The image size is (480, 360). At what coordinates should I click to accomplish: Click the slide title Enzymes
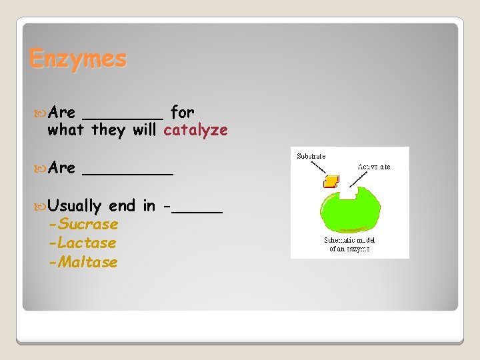pyautogui.click(x=77, y=59)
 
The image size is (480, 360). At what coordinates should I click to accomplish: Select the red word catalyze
pyautogui.click(x=195, y=130)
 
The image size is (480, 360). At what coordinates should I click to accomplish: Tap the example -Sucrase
pyautogui.click(x=83, y=225)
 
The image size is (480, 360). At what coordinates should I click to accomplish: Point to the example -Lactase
pyautogui.click(x=83, y=243)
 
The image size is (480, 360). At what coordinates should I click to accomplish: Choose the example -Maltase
pyautogui.click(x=83, y=262)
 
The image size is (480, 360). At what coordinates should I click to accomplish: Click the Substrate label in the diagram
pyautogui.click(x=311, y=156)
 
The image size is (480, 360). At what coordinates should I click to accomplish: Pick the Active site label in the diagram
pyautogui.click(x=374, y=166)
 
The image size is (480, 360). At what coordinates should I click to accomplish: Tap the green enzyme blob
pyautogui.click(x=349, y=217)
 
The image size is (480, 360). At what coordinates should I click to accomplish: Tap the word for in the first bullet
pyautogui.click(x=182, y=111)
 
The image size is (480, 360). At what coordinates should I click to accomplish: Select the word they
pyautogui.click(x=109, y=130)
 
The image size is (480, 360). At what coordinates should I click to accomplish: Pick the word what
pyautogui.click(x=67, y=130)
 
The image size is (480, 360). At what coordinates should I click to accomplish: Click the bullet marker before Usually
pyautogui.click(x=41, y=206)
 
